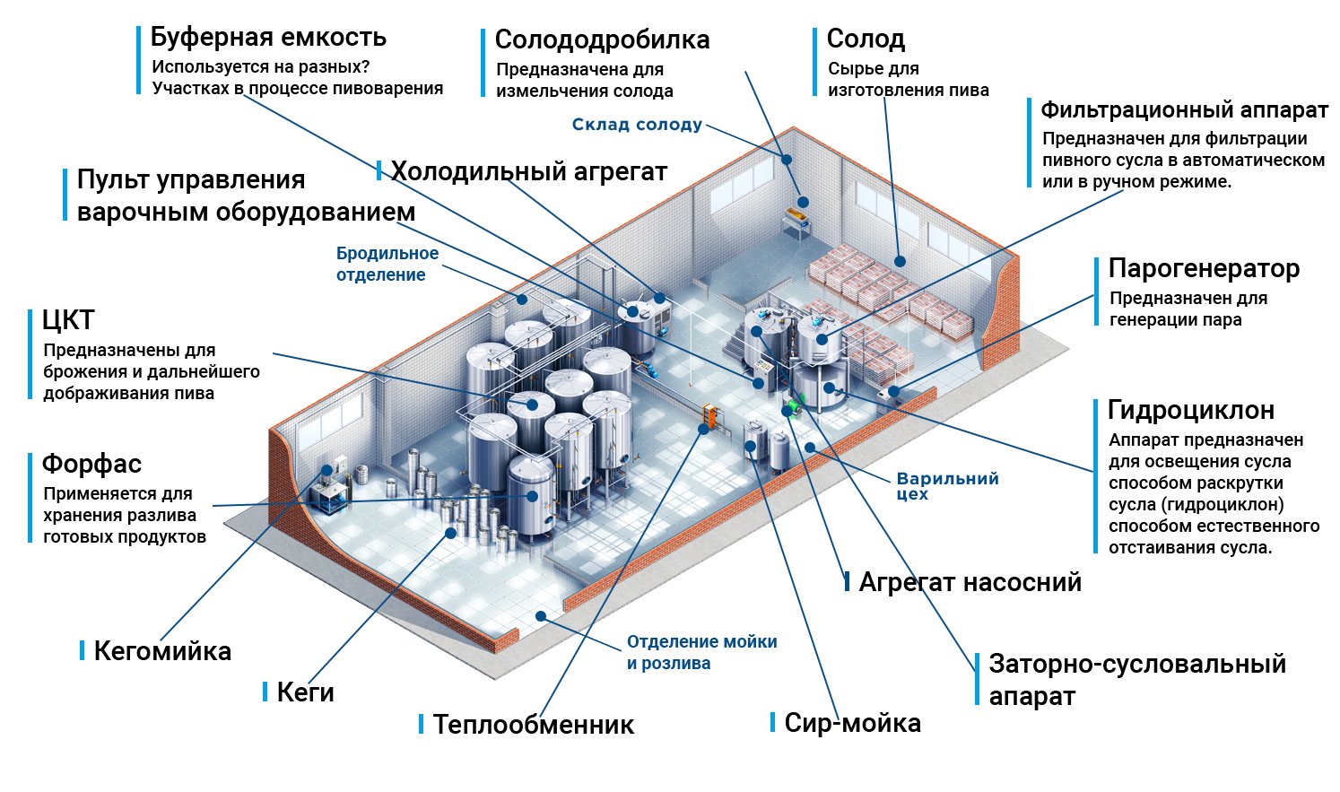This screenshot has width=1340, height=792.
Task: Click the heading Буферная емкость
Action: (267, 38)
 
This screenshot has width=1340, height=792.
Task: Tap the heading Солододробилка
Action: (602, 40)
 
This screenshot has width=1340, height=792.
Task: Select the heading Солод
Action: (866, 39)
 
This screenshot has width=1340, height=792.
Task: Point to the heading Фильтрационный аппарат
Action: (1184, 110)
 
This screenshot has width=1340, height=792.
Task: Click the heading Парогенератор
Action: (1204, 268)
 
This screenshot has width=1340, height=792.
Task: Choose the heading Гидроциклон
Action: (1191, 410)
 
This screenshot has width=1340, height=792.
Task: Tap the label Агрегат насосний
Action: (970, 582)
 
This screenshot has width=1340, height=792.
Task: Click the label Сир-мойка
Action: (852, 723)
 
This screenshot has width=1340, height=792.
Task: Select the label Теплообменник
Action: (534, 725)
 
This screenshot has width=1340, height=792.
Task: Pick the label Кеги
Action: (305, 692)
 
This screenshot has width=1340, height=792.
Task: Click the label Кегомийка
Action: (162, 651)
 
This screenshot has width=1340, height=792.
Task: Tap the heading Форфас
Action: (91, 464)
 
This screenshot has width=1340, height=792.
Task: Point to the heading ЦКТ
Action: (68, 320)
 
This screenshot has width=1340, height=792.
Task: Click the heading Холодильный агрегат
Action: (529, 171)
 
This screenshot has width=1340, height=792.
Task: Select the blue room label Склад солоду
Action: (637, 125)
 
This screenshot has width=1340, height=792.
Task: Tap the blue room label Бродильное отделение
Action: (387, 264)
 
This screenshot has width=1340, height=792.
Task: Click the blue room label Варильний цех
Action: (947, 485)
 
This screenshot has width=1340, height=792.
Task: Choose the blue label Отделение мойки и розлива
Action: (701, 653)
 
